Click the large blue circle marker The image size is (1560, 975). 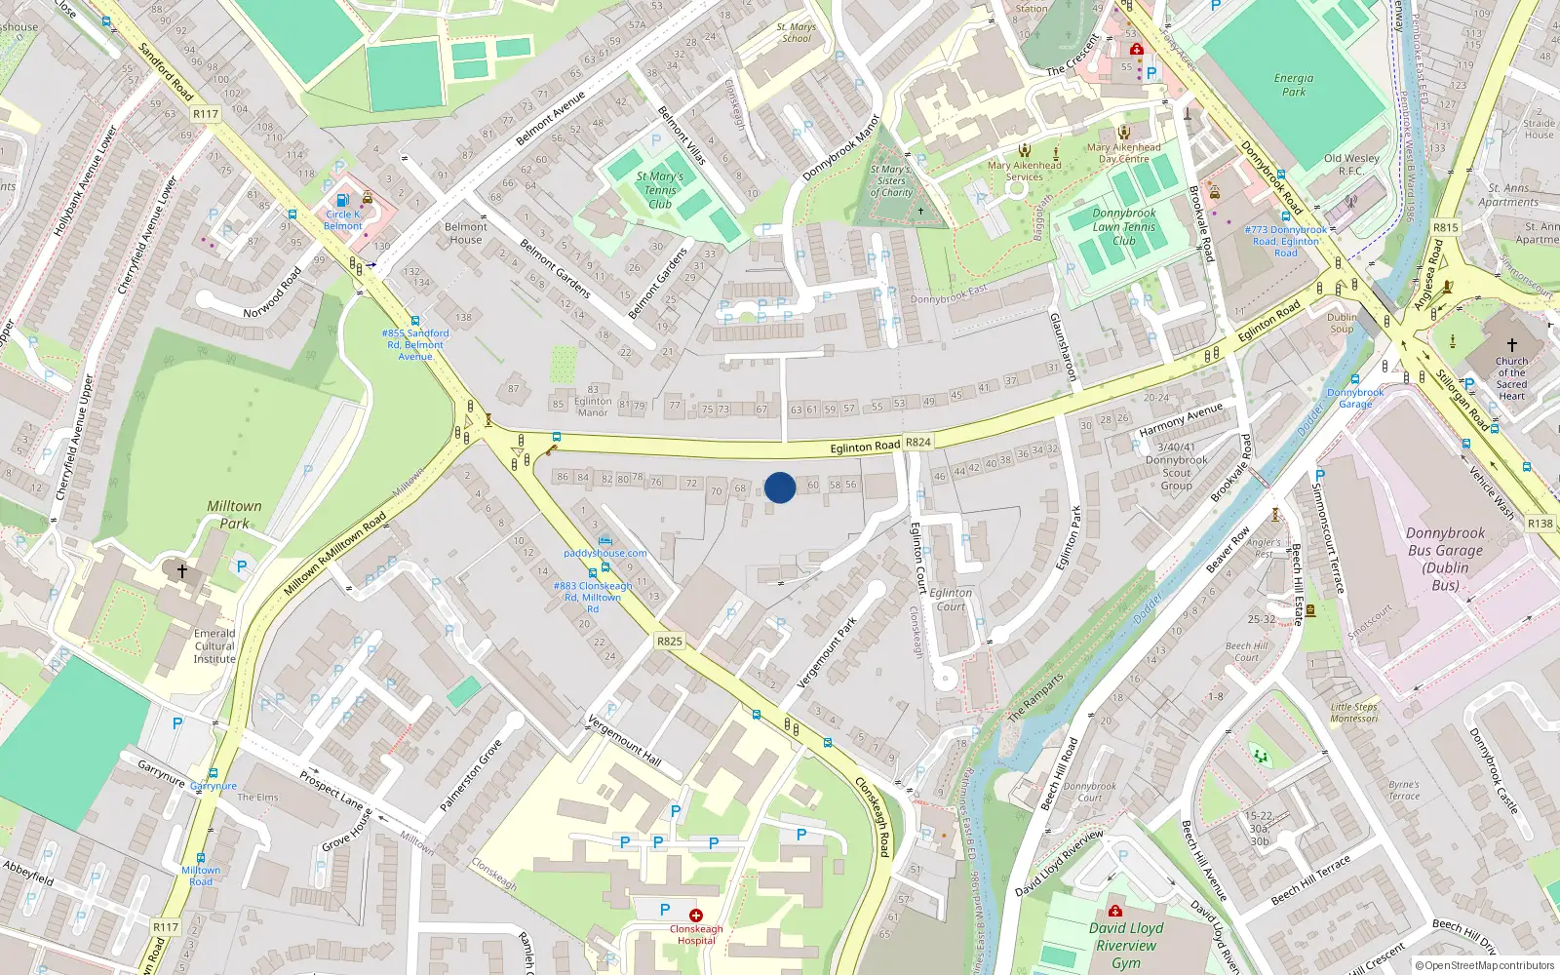pos(780,487)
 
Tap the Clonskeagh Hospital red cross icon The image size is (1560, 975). pos(695,916)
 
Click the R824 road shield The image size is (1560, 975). pos(918,442)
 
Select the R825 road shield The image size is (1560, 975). pos(670,641)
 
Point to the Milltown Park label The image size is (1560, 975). pos(234,515)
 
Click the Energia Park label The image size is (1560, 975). pos(1294,85)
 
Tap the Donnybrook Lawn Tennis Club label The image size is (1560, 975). pos(1124,226)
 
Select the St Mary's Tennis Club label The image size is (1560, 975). pos(660,190)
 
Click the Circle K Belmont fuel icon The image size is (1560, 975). pos(342,200)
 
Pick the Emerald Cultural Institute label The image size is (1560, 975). pos(214,645)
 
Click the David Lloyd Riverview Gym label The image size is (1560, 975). pos(1126,945)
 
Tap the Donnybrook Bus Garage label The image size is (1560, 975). pos(1445,559)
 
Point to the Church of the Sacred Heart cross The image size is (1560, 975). pos(1511,345)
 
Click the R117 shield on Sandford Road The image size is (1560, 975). pos(206,114)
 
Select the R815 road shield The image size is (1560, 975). pos(1446,227)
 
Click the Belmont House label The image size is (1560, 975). pos(466,233)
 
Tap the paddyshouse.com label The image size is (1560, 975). pos(605,553)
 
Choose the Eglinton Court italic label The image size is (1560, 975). pos(951,599)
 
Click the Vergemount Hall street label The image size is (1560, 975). pos(624,740)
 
